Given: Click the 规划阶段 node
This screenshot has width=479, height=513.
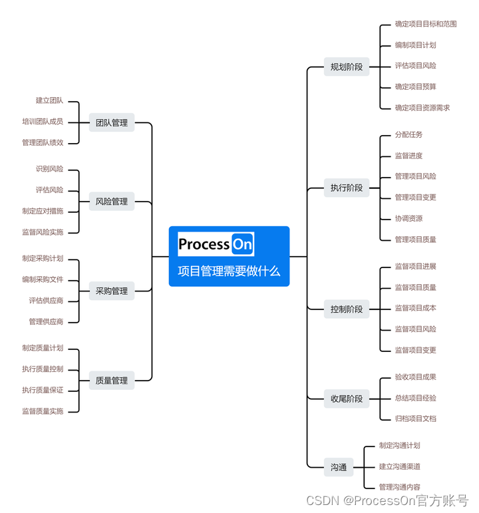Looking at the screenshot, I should [347, 67].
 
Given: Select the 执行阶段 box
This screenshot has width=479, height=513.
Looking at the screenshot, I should [347, 188].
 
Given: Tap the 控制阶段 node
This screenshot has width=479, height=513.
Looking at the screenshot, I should [347, 309].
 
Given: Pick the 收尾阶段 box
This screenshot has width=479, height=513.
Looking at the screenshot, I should [347, 399].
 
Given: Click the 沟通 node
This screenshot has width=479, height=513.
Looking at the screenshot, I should [339, 467].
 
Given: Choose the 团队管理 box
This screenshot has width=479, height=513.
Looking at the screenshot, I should [112, 122].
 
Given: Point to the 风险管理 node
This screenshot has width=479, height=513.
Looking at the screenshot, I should [112, 201].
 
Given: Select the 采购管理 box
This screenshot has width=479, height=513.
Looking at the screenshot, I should [112, 291].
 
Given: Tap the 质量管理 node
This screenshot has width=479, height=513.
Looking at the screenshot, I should [112, 381].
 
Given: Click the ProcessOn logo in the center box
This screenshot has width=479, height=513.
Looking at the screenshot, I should [216, 244].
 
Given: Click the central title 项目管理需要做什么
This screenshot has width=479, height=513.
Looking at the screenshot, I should [229, 271].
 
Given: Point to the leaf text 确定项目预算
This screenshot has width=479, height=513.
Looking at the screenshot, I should [415, 86].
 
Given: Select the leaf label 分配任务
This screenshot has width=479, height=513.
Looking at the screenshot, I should [408, 134].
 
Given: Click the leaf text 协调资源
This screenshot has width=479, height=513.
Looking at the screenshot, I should [408, 218].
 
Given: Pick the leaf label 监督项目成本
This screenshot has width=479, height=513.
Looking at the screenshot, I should [415, 308].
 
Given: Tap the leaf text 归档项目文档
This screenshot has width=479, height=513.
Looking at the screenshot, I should [415, 419].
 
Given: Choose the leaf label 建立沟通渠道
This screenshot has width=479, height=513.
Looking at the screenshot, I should [399, 466].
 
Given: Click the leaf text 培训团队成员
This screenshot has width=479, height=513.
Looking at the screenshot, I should [43, 122].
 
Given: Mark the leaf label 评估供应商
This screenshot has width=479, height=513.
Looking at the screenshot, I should [46, 301].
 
